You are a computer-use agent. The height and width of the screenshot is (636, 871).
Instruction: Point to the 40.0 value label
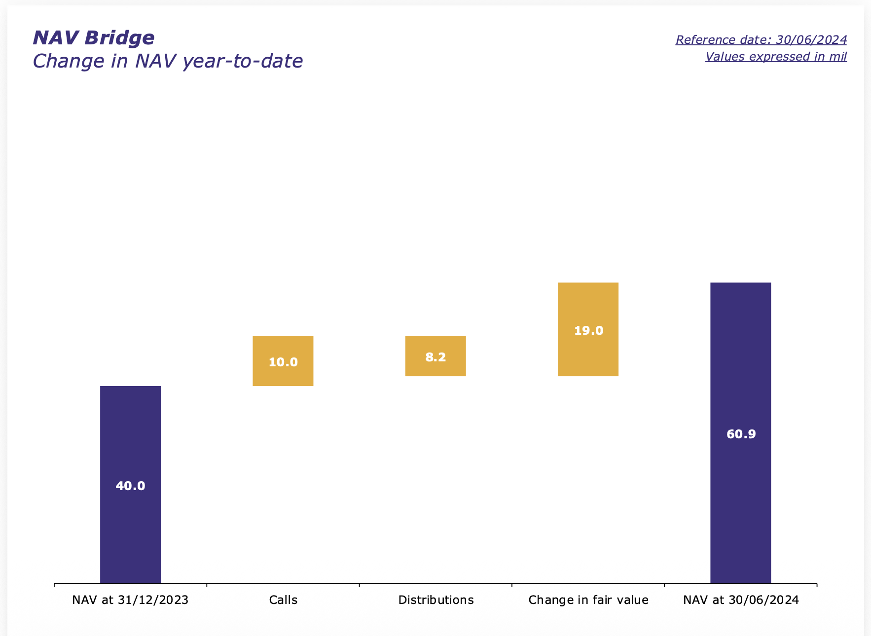[x=130, y=486]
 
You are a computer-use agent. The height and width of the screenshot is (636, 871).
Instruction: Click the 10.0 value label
[x=283, y=362]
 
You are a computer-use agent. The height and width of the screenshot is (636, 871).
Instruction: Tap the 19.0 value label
[x=588, y=331]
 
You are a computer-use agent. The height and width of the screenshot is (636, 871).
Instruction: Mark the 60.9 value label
[x=741, y=434]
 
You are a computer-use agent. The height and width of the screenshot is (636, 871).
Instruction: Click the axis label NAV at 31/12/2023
[x=130, y=600]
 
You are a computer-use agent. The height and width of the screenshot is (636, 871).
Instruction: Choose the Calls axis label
[x=283, y=600]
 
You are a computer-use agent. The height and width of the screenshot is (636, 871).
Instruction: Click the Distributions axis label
[x=436, y=600]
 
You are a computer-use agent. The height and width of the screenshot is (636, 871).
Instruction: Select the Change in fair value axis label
[x=588, y=600]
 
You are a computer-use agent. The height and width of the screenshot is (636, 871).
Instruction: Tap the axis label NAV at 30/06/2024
[x=741, y=600]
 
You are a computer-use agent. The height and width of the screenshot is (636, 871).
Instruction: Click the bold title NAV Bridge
[x=94, y=38]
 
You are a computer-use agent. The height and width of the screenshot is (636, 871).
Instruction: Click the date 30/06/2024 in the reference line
[x=811, y=40]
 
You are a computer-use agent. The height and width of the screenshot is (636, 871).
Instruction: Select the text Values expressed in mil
[x=776, y=57]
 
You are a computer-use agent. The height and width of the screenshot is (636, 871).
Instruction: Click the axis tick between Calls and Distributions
[x=359, y=585]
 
